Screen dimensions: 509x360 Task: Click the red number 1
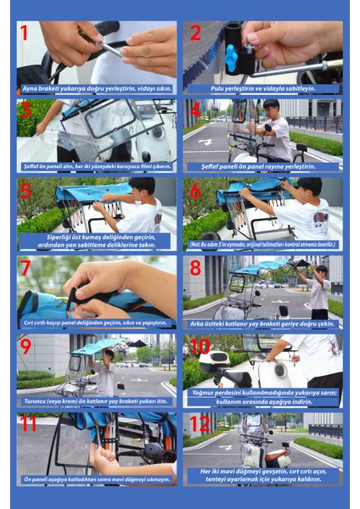coord(25,33)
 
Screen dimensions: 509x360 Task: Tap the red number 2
coord(195,34)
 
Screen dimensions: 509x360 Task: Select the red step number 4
coord(196,111)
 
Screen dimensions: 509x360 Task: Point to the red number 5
coord(25,189)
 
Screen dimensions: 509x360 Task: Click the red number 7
coord(25,268)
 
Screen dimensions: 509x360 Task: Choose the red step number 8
coord(195,268)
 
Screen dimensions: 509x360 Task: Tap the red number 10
coord(201,346)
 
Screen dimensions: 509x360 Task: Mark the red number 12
coord(200,424)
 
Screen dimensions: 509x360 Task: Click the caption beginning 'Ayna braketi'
coord(97,88)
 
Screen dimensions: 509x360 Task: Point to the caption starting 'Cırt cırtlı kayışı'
coord(97,322)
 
